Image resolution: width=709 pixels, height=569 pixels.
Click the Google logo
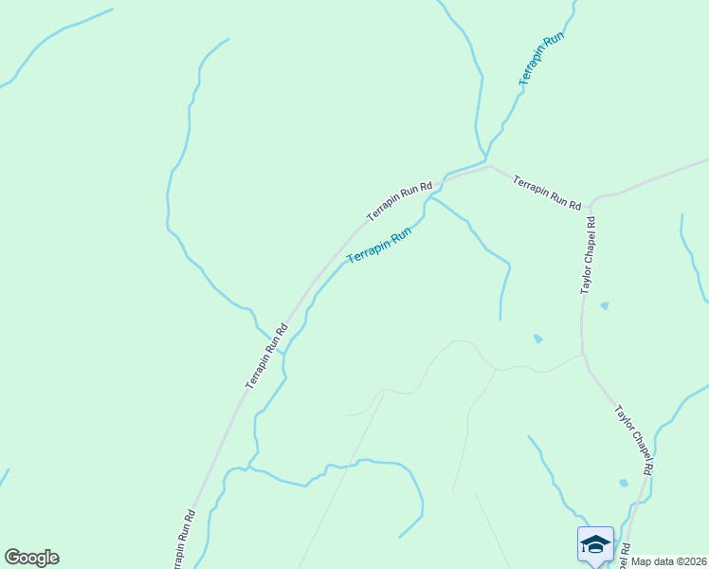click(x=31, y=558)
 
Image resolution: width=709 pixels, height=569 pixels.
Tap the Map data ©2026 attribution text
click(x=669, y=561)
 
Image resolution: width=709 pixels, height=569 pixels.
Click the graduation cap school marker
click(x=595, y=544)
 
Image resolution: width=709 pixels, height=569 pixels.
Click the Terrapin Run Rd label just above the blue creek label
click(x=400, y=202)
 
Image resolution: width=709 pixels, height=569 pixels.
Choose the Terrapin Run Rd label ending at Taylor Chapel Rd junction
click(x=547, y=191)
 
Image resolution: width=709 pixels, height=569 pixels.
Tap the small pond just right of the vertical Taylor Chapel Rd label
click(x=605, y=305)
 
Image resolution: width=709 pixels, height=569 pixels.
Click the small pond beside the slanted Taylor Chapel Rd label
click(x=623, y=483)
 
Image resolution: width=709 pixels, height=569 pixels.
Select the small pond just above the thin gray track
click(x=538, y=338)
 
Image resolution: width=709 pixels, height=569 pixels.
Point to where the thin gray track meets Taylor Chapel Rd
click(x=583, y=357)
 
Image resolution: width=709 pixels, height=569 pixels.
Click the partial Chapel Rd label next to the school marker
click(x=626, y=551)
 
